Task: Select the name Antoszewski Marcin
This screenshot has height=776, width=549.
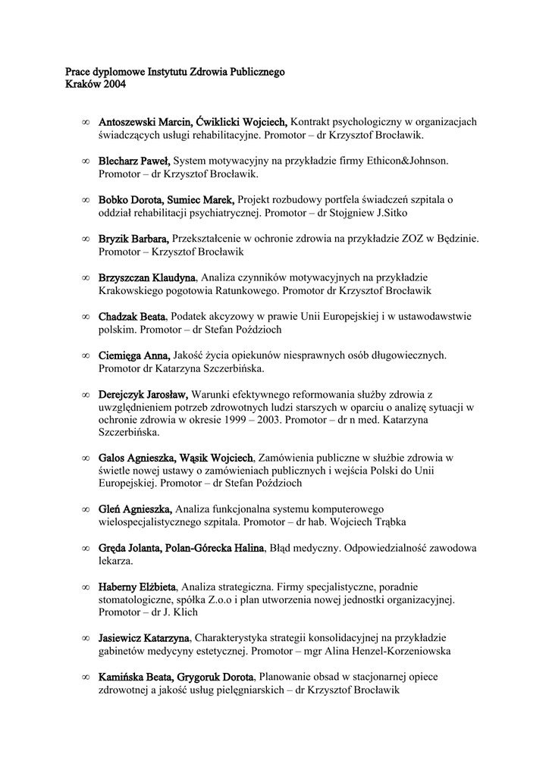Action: pyautogui.click(x=145, y=121)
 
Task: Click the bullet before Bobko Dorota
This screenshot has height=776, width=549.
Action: pyautogui.click(x=85, y=200)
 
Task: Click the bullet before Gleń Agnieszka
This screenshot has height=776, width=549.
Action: pyautogui.click(x=85, y=510)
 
